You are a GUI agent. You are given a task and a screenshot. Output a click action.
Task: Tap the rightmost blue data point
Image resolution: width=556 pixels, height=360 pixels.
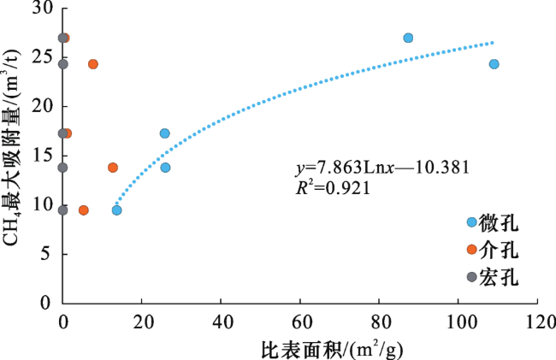(x=494, y=64)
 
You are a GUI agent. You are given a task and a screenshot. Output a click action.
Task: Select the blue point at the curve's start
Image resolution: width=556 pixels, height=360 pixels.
(x=116, y=210)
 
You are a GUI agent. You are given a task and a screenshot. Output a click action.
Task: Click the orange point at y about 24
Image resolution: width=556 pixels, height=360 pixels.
(x=93, y=64)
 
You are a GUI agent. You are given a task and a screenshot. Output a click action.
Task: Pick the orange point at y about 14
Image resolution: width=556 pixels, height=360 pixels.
(x=113, y=168)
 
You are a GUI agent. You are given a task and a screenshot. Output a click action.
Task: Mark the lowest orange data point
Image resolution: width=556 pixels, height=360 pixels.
(x=83, y=210)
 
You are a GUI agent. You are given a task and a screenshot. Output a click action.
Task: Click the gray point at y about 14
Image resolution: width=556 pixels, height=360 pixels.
(x=62, y=168)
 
